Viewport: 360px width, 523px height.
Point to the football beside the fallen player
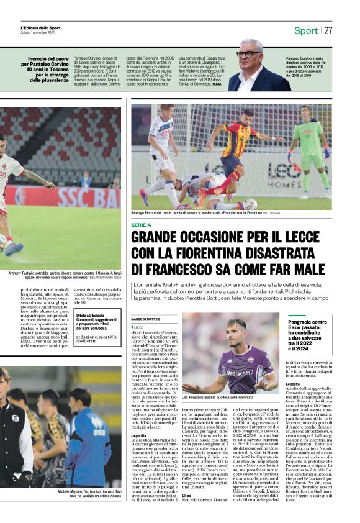251,203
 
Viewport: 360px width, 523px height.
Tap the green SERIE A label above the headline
141,224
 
